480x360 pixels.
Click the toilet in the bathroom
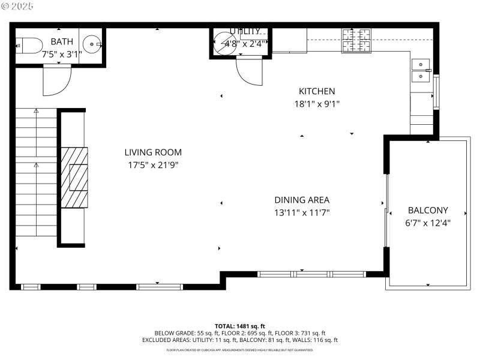[x=29, y=44]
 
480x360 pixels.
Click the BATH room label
[x=62, y=41]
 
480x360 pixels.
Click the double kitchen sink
[x=421, y=70]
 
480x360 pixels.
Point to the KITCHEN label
[x=317, y=91]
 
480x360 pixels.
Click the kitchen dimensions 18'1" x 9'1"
[x=317, y=103]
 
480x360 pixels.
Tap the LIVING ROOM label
[x=153, y=152]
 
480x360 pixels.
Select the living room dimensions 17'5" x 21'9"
[x=153, y=164]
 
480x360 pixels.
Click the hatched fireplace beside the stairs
[x=73, y=177]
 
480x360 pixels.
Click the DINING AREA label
[x=302, y=200]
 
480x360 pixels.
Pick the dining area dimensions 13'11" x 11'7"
[x=302, y=212]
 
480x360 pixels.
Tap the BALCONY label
[x=428, y=210]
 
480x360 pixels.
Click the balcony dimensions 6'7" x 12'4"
[x=428, y=223]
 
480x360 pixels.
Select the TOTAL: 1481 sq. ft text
[x=240, y=326]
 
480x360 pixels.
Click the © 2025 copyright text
[x=18, y=6]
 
